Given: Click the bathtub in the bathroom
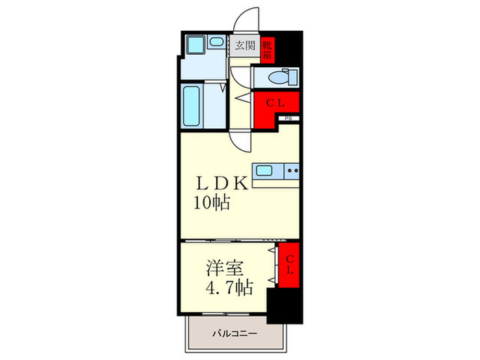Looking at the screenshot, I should coord(193,106).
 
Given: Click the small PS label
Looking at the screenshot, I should coord(289,119).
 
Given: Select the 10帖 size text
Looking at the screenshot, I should coord(213,202).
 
